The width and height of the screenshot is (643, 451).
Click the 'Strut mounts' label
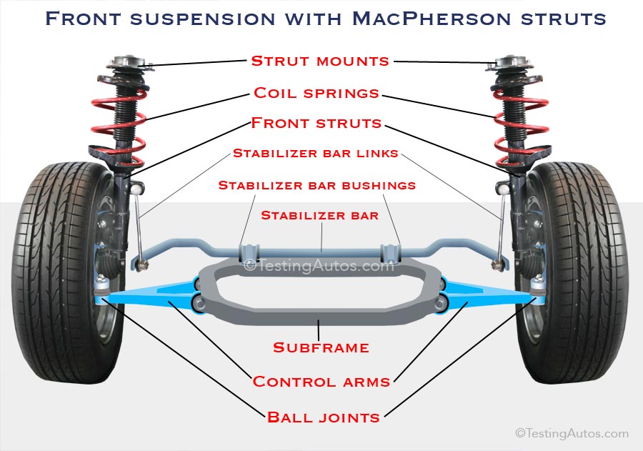point(320,61)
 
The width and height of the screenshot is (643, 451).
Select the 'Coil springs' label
point(316,94)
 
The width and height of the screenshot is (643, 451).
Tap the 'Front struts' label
point(316,124)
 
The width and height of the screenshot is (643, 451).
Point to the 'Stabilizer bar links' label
point(315,154)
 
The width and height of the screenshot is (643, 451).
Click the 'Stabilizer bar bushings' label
point(316,185)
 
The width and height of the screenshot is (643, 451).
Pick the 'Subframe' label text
point(321,348)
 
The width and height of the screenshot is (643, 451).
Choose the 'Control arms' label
point(321,382)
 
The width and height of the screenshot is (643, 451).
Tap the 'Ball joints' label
point(323,417)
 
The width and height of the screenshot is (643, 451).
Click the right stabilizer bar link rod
point(503,229)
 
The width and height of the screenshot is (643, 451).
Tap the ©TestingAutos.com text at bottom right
point(572,433)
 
